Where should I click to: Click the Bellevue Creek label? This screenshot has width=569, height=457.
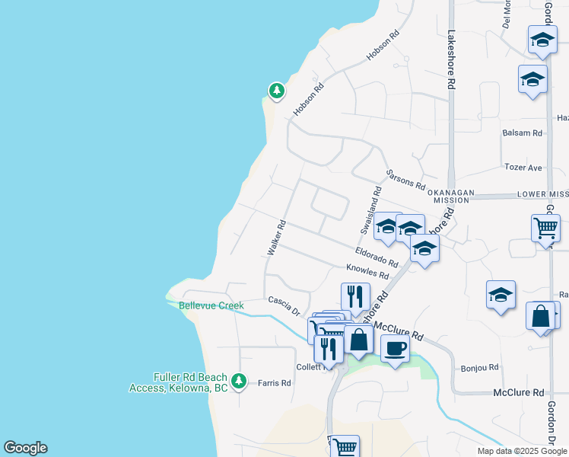211,305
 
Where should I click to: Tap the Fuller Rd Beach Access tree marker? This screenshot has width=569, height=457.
240,379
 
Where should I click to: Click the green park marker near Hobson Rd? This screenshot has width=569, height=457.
276,91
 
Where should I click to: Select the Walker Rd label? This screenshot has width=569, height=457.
275,237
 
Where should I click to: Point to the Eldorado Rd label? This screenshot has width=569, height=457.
377,257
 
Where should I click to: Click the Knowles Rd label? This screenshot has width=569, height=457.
367,272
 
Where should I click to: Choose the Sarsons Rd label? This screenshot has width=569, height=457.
405,180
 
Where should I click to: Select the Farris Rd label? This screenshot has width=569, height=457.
275,383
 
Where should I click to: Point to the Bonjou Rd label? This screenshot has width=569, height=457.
480,367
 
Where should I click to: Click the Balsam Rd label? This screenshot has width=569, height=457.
523,133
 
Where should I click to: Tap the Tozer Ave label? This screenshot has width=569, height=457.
523,168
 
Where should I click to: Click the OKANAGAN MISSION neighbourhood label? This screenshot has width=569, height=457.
451,196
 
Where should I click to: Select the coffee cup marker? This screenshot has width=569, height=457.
394,349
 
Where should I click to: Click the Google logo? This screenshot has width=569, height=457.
25,448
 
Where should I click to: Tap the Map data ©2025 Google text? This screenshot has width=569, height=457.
522,451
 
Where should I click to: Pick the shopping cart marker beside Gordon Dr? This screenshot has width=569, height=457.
546,228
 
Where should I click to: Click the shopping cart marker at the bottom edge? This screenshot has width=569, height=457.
344,447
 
